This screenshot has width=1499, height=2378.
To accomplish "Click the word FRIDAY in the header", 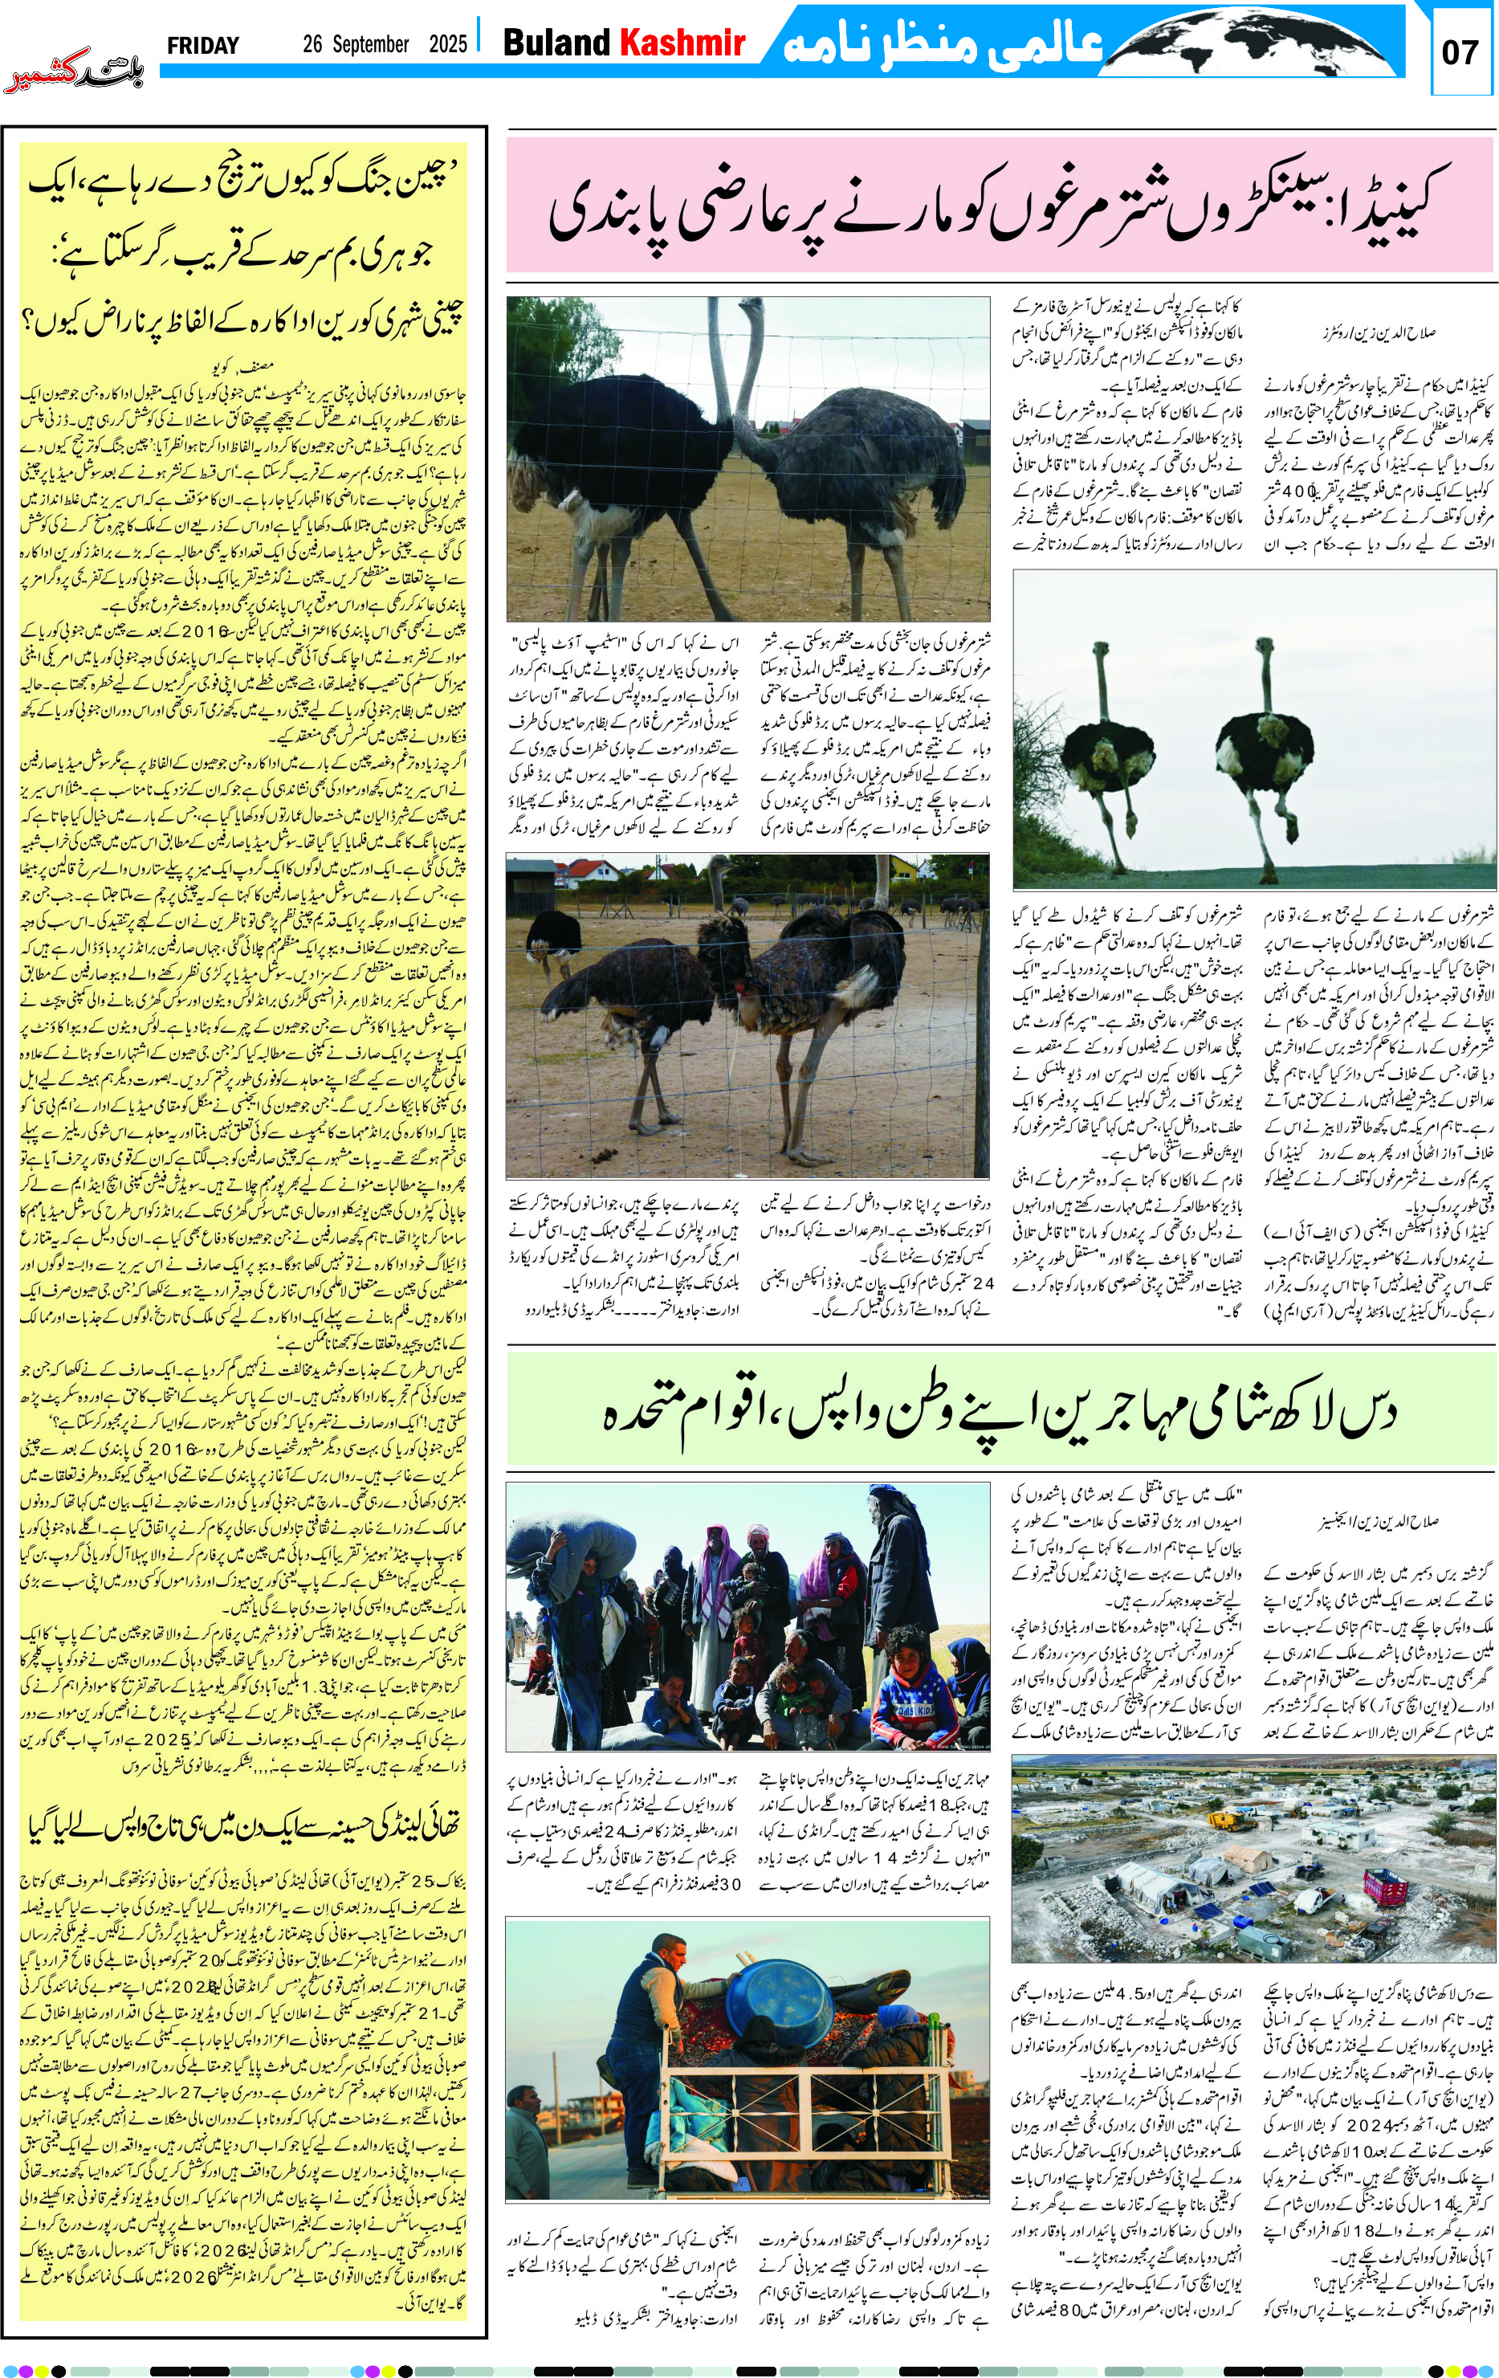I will [x=202, y=46].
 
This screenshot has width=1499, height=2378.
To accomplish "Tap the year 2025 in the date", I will [x=447, y=44].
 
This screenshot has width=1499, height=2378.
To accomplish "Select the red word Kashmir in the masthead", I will [x=682, y=43].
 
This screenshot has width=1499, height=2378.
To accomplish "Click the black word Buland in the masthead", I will [x=557, y=43].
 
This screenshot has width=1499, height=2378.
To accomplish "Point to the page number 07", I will [x=1460, y=52].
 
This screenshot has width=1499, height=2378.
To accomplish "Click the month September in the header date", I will [x=370, y=44].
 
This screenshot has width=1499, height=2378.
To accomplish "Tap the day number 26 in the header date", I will [x=314, y=44].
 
